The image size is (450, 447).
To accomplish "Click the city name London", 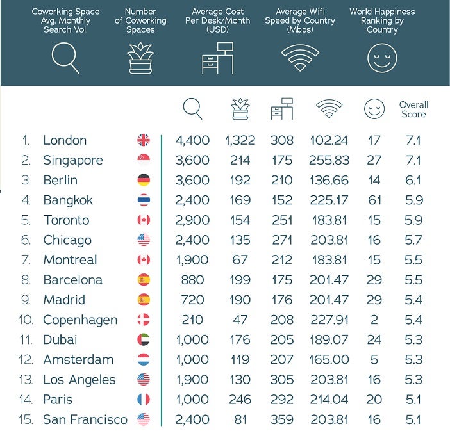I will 65,140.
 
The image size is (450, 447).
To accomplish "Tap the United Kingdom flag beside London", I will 144,140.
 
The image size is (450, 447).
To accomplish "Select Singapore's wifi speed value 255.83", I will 331,160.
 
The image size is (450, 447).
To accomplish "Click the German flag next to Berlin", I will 144,181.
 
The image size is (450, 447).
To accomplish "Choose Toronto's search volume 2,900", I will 193,220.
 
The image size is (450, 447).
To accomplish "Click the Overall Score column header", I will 413,110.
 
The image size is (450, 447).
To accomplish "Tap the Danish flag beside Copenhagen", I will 144,320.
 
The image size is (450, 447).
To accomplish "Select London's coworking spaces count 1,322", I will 240,140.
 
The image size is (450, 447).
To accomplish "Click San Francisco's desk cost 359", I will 281,419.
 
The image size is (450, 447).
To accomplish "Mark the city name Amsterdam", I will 78,360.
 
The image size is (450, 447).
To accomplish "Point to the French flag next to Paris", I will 144,400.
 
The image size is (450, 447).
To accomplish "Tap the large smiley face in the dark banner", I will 381,58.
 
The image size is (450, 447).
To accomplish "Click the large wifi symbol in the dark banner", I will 299,58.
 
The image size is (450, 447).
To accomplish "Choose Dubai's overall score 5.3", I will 414,339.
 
